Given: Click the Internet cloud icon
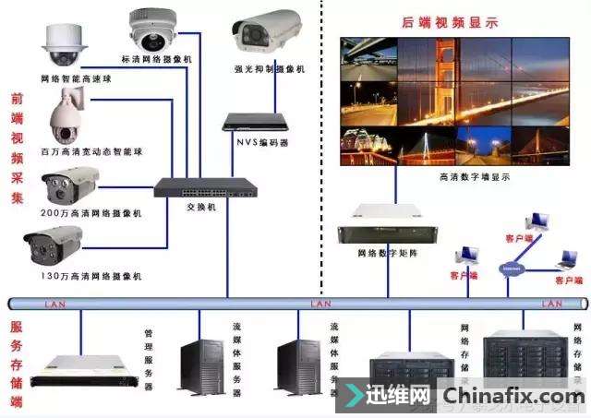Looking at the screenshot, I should pos(511,269).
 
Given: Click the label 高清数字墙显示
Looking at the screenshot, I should pos(474,175).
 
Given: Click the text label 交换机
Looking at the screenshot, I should pos(205,209).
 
